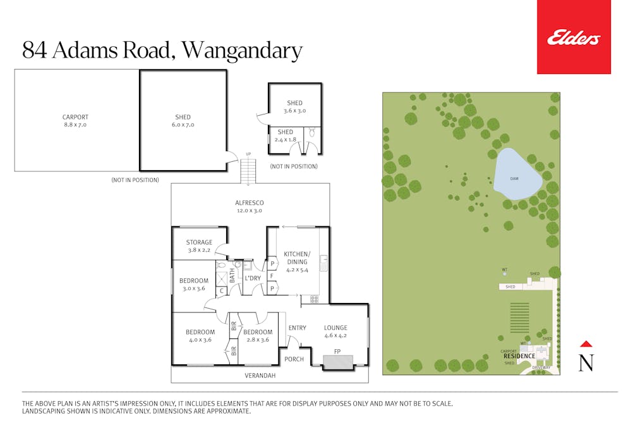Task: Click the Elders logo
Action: pyautogui.click(x=573, y=39)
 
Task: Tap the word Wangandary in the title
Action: pyautogui.click(x=242, y=51)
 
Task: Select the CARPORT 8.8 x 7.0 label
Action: pyautogui.click(x=75, y=121)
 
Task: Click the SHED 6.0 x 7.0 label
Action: pyautogui.click(x=183, y=121)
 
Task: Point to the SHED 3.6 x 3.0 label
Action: pyautogui.click(x=294, y=106)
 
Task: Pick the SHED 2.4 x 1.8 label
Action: pyautogui.click(x=284, y=135)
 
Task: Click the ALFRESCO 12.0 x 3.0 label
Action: pyautogui.click(x=250, y=206)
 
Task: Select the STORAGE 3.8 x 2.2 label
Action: pyautogui.click(x=199, y=246)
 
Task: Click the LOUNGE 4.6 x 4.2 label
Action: pyautogui.click(x=335, y=331)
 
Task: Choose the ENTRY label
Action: pyautogui.click(x=297, y=328)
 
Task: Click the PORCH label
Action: pyautogui.click(x=294, y=359)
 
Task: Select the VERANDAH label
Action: pyautogui.click(x=260, y=376)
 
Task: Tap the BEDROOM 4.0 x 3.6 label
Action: pyautogui.click(x=200, y=336)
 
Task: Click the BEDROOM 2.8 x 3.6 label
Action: pyautogui.click(x=257, y=336)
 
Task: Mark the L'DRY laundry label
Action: pyautogui.click(x=253, y=278)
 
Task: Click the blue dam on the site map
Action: pyautogui.click(x=517, y=175)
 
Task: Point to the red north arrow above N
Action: pyautogui.click(x=586, y=344)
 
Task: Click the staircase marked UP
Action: pyautogui.click(x=249, y=171)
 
